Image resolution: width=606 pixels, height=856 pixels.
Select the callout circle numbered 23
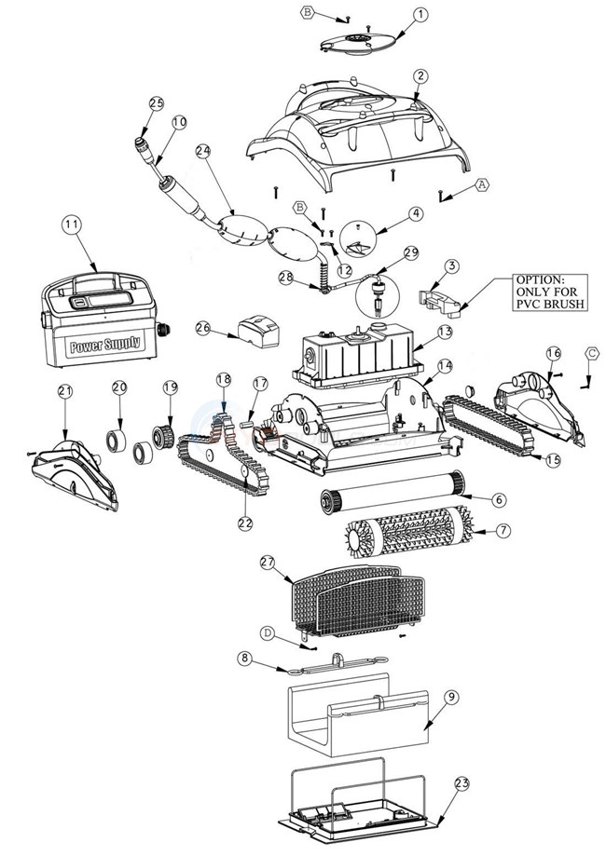coord(462,784)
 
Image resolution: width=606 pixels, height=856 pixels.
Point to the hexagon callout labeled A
coord(482,184)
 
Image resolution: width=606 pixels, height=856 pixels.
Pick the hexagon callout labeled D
coord(267,633)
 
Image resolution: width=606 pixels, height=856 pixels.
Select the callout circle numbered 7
coord(504,531)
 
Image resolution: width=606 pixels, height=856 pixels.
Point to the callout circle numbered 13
coord(444,331)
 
